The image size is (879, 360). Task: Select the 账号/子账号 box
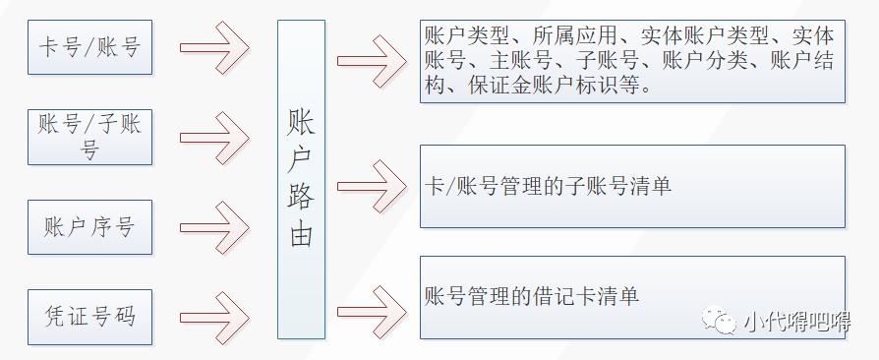(x=90, y=137)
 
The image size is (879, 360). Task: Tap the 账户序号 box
(x=90, y=227)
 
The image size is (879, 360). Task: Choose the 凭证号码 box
(x=90, y=316)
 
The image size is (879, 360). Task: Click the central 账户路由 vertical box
(x=301, y=180)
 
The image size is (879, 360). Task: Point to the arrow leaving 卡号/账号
(x=216, y=47)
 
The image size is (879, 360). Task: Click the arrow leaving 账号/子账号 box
(x=216, y=137)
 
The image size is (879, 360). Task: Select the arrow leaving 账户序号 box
(x=216, y=227)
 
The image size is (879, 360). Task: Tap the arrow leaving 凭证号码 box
(x=216, y=317)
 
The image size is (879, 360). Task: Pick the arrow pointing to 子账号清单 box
(x=372, y=183)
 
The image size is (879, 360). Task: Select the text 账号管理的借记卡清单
(x=532, y=295)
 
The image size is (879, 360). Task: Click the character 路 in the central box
(x=301, y=196)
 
